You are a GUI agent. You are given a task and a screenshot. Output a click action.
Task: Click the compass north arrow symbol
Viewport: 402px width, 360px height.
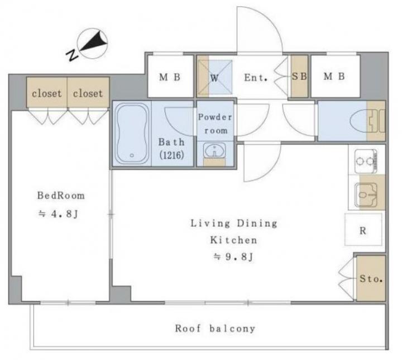(92, 44)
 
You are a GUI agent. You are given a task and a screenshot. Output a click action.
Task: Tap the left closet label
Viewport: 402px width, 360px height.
(47, 93)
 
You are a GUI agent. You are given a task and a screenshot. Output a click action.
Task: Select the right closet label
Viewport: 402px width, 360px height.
(88, 93)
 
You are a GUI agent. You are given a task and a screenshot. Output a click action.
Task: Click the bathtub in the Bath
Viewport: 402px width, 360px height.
(132, 134)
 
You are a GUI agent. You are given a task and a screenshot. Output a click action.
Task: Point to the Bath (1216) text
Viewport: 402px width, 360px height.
(171, 149)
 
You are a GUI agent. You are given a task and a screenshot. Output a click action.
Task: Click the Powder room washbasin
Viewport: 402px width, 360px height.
(214, 151)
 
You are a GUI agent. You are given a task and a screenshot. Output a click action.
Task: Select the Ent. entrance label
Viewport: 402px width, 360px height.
(256, 77)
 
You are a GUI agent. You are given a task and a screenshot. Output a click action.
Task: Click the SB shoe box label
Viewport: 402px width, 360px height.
(299, 76)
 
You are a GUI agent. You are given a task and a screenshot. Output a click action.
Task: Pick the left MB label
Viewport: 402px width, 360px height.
(170, 77)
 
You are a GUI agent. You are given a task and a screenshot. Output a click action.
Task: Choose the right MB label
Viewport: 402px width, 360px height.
(334, 76)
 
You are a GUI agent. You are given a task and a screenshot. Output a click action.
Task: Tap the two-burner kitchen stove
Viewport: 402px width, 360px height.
(366, 161)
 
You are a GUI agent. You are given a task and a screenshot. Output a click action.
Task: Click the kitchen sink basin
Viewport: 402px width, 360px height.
(366, 195)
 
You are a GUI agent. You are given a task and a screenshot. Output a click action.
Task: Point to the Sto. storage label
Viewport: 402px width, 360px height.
(371, 278)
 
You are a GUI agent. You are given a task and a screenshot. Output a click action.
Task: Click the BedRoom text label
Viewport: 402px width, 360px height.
(61, 196)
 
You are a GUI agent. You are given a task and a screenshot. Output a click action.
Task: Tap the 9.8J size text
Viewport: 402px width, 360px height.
(233, 256)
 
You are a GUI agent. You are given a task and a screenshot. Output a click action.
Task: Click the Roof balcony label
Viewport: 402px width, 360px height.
(215, 328)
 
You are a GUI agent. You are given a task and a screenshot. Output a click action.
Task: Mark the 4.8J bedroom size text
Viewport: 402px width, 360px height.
(58, 214)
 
